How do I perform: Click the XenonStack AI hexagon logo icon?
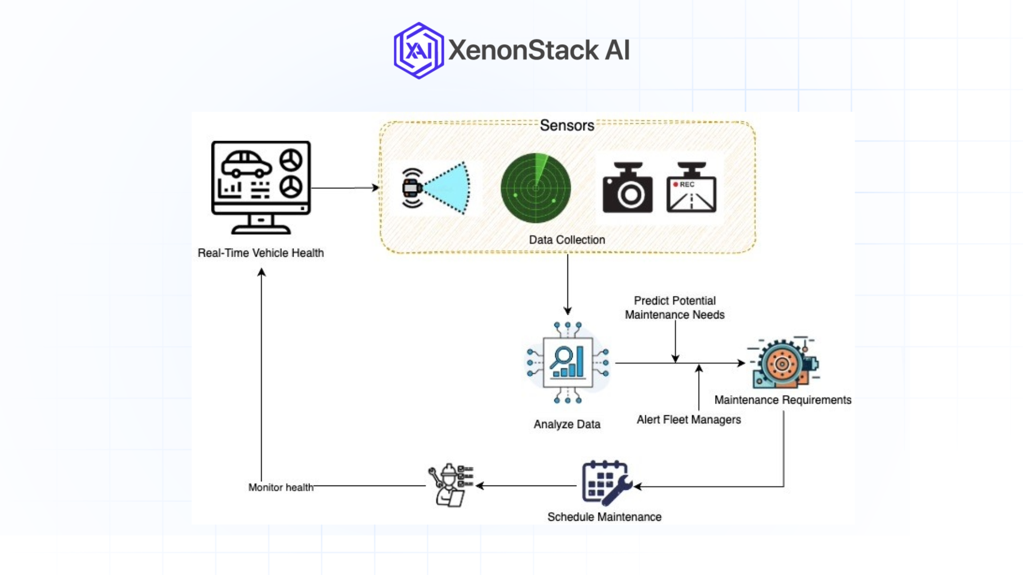[x=419, y=51]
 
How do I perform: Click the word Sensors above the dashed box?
[x=566, y=126]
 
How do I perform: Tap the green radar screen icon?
[x=535, y=188]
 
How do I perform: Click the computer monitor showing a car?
[x=261, y=186]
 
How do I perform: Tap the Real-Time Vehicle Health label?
[x=261, y=253]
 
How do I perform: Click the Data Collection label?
[x=566, y=240]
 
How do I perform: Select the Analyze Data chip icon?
[x=567, y=363]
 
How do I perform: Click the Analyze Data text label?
[x=567, y=424]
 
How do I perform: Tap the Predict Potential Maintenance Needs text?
[x=675, y=308]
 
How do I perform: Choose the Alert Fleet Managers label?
[x=688, y=420]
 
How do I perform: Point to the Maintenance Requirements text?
[x=782, y=400]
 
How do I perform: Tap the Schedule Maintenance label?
[x=604, y=517]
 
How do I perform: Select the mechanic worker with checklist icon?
[x=451, y=485]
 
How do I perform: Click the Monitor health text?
[x=281, y=487]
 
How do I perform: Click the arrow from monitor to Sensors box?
[x=344, y=187]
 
